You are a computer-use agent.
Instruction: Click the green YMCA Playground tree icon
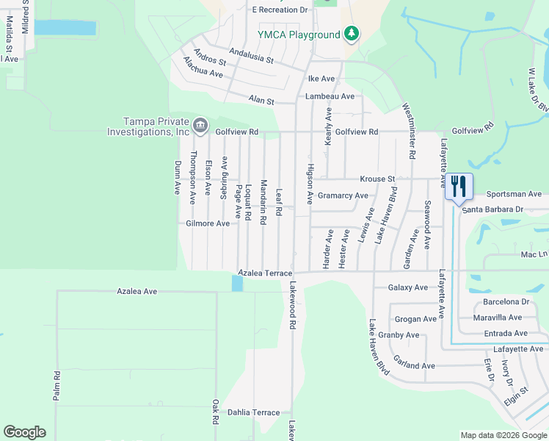click(352, 34)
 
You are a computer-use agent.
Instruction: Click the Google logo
click(25, 432)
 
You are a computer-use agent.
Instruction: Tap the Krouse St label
click(377, 179)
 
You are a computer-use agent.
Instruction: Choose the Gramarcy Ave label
click(343, 196)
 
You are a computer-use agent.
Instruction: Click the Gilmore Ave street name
click(208, 223)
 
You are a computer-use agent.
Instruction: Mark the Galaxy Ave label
click(407, 287)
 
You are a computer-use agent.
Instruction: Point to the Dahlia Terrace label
click(253, 412)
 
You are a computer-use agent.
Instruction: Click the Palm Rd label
click(56, 385)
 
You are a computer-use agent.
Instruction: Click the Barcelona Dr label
click(506, 302)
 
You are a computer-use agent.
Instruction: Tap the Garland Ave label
click(414, 365)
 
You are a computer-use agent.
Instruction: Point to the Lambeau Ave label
click(330, 96)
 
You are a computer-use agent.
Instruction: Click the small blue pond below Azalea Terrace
click(237, 283)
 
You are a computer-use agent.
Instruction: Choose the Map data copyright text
click(503, 435)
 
